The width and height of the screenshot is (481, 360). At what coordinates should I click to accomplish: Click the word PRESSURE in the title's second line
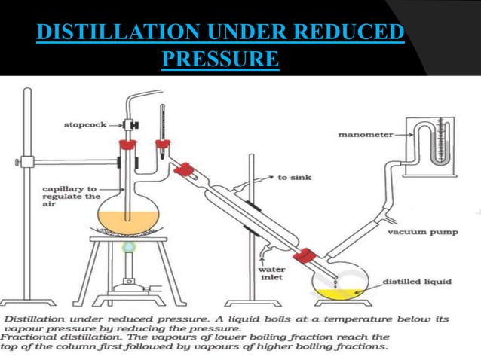point(221,59)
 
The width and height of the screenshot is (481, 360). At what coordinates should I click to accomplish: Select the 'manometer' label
point(366,135)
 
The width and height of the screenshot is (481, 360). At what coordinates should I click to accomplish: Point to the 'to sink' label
point(294,178)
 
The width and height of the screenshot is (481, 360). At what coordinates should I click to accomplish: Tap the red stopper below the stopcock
point(127,142)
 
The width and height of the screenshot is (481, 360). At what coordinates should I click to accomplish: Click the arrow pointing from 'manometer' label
point(404,135)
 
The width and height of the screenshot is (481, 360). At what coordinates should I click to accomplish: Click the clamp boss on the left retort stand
point(27,161)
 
